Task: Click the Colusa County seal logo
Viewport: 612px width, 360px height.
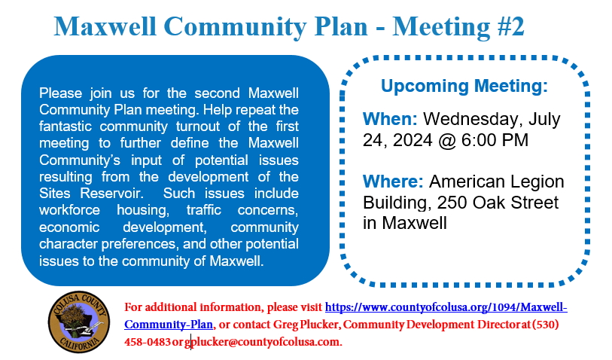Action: point(79,322)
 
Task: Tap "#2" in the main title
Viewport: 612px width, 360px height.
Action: point(510,26)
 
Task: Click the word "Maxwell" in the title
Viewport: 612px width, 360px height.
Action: point(105,26)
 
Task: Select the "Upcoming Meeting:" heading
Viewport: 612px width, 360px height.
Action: point(464,86)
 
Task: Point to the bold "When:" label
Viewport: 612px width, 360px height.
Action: point(390,119)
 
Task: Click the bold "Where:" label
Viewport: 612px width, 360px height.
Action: point(393,182)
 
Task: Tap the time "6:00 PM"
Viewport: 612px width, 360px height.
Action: point(495,140)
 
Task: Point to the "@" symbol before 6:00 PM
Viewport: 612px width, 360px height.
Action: point(446,141)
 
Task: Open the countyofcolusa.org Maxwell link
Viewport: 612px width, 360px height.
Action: point(346,316)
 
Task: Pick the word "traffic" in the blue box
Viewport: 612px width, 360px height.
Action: point(203,210)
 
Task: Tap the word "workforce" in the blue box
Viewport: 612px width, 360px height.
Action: point(69,210)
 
